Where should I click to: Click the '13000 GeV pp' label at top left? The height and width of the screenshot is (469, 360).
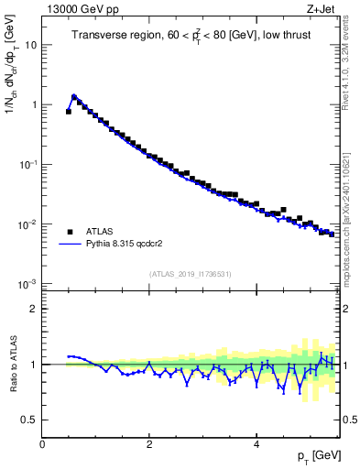pyautogui.click(x=76, y=8)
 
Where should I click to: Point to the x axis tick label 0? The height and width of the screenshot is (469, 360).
pyautogui.click(x=42, y=444)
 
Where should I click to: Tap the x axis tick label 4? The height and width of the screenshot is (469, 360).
pyautogui.click(x=256, y=444)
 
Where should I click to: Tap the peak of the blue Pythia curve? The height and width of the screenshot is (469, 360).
pyautogui.click(x=74, y=94)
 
